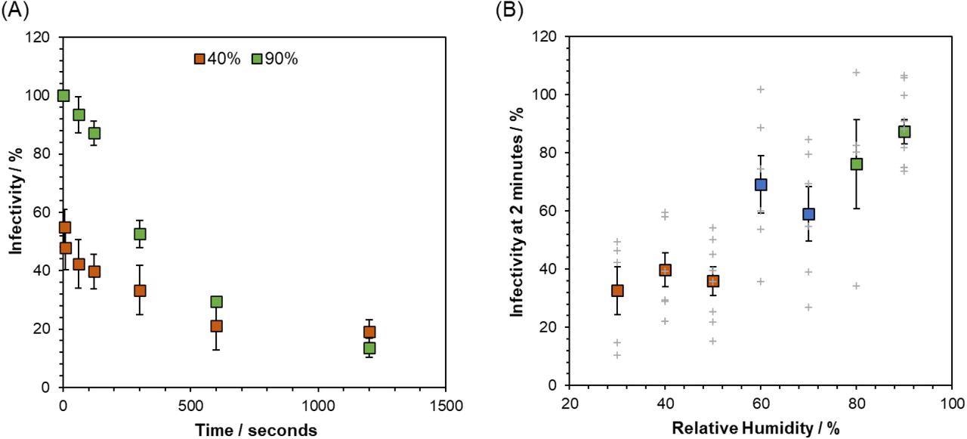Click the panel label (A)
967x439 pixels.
tap(13, 11)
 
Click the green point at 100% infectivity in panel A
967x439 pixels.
tap(63, 95)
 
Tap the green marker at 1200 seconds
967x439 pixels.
tap(369, 348)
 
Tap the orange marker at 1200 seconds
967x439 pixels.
tap(369, 332)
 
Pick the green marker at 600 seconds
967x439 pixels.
tap(216, 301)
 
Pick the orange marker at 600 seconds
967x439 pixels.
tap(216, 326)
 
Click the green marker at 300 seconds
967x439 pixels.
tap(140, 233)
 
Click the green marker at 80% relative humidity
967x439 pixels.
tap(856, 164)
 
